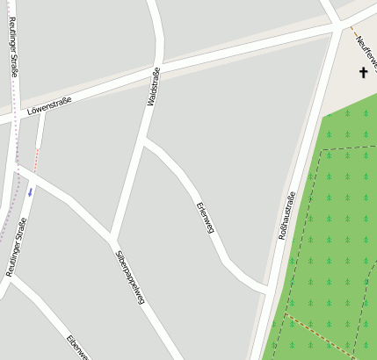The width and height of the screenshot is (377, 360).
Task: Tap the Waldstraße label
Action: click(153, 87)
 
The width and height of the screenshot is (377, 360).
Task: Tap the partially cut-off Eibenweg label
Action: click(76, 346)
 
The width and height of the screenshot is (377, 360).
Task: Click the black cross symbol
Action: click(363, 72)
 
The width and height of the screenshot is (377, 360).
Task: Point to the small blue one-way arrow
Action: click(29, 191)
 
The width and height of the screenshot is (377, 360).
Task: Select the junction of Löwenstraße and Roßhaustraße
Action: click(340, 29)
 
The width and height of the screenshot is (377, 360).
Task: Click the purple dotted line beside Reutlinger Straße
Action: click(15, 123)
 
